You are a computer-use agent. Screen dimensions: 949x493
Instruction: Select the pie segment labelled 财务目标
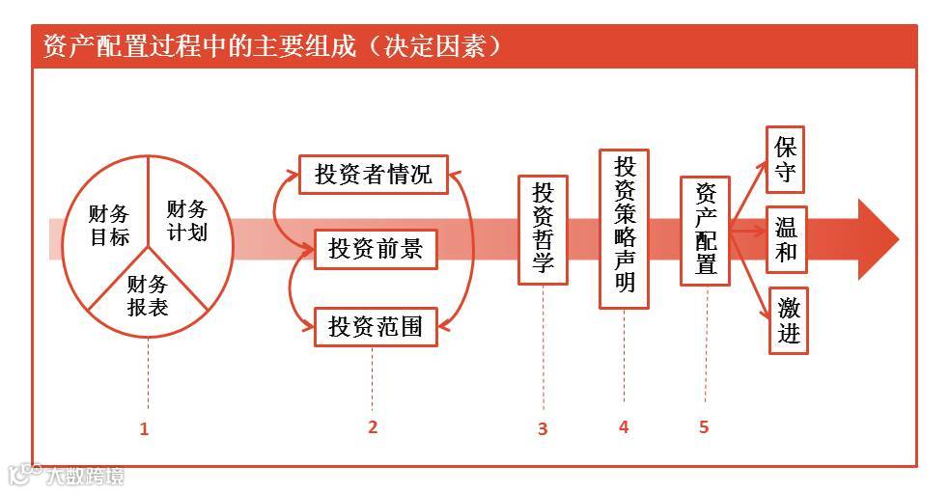pos(108,225)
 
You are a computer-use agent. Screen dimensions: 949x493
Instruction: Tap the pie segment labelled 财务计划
pos(186,219)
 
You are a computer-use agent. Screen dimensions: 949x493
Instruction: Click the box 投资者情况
pos(373,175)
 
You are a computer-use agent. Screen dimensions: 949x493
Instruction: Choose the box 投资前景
pos(375,249)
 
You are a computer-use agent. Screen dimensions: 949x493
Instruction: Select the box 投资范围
pos(375,325)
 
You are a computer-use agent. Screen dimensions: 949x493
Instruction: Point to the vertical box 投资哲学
pos(543,229)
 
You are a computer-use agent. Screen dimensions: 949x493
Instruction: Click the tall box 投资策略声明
pos(624,228)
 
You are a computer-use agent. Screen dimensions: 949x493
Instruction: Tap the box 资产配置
pos(705,231)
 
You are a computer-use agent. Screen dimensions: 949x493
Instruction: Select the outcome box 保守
pos(785,159)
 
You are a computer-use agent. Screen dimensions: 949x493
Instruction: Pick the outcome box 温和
pos(786,237)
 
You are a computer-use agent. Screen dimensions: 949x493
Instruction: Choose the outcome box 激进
pos(788,320)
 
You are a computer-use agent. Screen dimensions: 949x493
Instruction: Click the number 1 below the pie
pos(144,429)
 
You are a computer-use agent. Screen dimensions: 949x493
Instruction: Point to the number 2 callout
pos(373,426)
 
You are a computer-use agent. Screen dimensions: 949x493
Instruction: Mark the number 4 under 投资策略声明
pos(624,426)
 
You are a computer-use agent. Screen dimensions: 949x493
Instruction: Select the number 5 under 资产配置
pos(704,426)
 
